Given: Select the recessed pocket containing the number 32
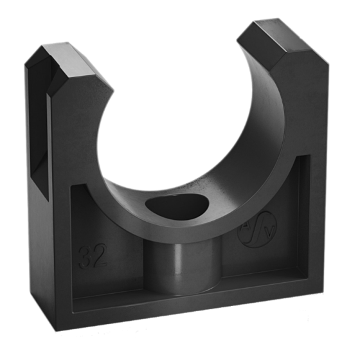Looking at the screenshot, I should click(x=103, y=257).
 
